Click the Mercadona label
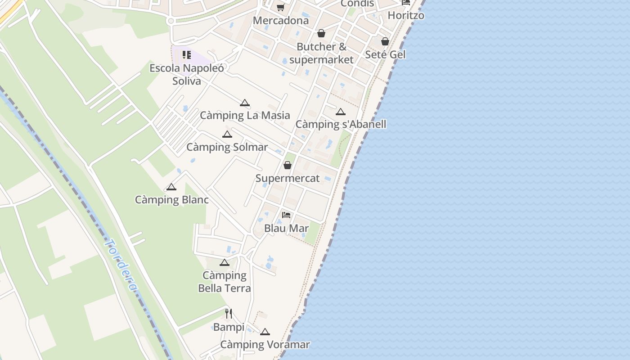281,21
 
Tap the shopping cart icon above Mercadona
280,7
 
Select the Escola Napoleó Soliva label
186,75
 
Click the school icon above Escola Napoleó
186,55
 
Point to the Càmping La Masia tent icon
244,103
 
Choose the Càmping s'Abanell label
341,124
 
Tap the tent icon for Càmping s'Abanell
341,112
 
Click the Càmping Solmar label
227,147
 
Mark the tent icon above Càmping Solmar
227,134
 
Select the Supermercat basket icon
288,165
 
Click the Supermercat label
288,178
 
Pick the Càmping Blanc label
171,200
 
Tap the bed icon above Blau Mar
286,215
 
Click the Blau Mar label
286,228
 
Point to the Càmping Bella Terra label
225,282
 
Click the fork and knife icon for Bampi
229,314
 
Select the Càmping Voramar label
265,345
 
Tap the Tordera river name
120,265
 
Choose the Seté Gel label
385,54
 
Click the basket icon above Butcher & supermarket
321,33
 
